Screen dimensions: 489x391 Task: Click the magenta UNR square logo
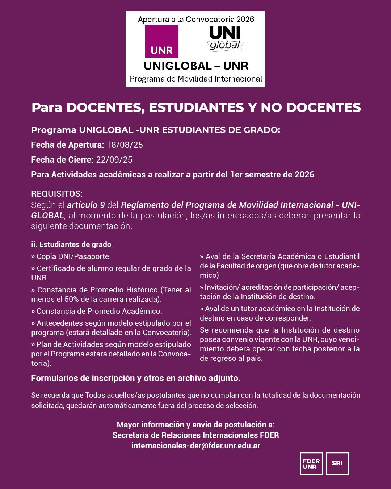click(x=161, y=41)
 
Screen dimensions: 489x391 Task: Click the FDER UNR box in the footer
click(x=311, y=463)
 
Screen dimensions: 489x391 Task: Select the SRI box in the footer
click(x=337, y=463)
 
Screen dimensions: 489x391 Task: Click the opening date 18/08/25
click(x=125, y=145)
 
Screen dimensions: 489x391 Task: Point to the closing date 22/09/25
click(x=114, y=160)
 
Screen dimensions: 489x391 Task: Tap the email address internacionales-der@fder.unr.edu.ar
click(x=195, y=446)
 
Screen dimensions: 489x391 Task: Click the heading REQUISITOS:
click(x=57, y=194)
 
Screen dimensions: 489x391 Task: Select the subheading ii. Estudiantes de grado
click(x=71, y=244)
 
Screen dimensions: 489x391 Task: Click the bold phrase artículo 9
click(x=86, y=205)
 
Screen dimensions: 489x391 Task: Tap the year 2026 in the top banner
click(x=245, y=19)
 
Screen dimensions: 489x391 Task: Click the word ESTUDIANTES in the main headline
click(x=197, y=108)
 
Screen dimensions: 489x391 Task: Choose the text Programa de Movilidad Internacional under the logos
click(x=196, y=79)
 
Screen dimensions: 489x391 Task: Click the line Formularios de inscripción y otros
click(x=136, y=378)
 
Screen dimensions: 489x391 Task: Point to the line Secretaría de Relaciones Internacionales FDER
click(x=195, y=435)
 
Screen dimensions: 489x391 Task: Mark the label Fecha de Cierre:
click(x=62, y=160)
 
